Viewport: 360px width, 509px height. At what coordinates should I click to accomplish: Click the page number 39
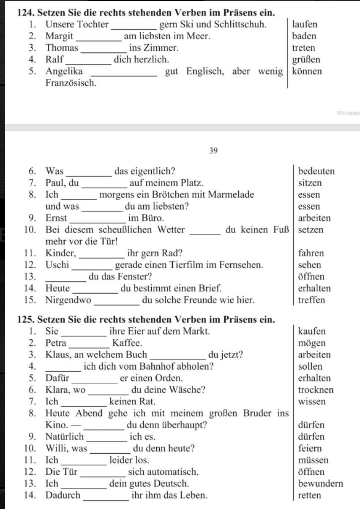[213, 150]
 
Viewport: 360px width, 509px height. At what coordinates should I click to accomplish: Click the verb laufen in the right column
[305, 24]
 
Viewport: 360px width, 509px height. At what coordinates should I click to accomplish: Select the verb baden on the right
[304, 36]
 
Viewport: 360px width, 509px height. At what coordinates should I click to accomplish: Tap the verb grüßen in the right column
[306, 60]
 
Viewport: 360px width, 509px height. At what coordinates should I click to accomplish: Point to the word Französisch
[71, 83]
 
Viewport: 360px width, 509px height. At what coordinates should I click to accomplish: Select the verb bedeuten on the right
[316, 171]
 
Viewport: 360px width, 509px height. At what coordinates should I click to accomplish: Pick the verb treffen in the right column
[311, 300]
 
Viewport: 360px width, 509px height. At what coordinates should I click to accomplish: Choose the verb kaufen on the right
[311, 332]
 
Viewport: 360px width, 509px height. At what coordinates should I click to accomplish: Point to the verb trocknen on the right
[316, 390]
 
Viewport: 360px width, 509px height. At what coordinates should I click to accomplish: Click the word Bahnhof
[155, 367]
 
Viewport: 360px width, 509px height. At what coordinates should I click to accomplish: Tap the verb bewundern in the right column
[320, 484]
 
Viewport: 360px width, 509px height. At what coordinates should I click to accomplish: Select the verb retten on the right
[309, 495]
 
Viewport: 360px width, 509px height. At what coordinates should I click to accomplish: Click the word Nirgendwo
[68, 300]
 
